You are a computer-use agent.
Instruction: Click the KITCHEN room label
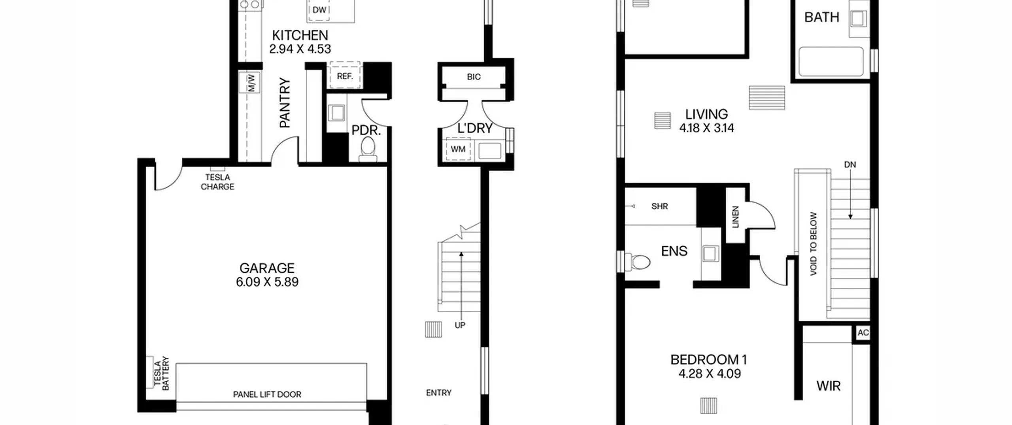[x=300, y=36]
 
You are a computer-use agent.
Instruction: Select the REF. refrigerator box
[x=345, y=75]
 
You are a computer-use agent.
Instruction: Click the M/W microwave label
[x=251, y=83]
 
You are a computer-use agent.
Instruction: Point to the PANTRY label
[x=285, y=103]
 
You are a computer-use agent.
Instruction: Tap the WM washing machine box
[x=458, y=149]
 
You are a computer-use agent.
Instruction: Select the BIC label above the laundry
[x=474, y=77]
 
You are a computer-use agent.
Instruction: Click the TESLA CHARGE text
[x=217, y=182]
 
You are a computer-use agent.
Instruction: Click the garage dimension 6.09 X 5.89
[x=267, y=282]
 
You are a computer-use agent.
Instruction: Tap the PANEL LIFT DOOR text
[x=267, y=394]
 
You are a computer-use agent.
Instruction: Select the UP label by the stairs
[x=460, y=325]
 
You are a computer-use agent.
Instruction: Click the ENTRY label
[x=439, y=393]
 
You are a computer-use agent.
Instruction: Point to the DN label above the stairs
[x=850, y=164]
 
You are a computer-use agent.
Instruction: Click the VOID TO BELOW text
[x=813, y=244]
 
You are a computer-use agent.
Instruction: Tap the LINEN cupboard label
[x=735, y=217]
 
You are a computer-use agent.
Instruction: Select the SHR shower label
[x=659, y=206]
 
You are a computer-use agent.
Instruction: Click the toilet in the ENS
[x=638, y=262]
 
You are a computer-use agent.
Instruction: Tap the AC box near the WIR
[x=863, y=332]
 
